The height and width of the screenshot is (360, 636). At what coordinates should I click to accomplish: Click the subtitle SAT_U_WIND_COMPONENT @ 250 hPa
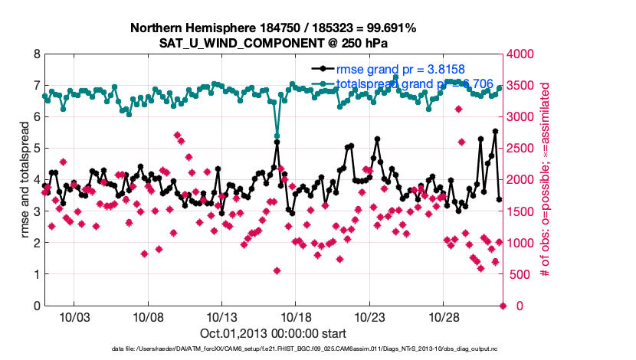pos(274,43)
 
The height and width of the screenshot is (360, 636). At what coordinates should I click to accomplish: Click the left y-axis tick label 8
pos(38,54)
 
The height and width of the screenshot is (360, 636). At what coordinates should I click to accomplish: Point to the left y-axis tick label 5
pos(38,149)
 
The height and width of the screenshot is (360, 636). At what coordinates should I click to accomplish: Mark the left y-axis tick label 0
pos(38,306)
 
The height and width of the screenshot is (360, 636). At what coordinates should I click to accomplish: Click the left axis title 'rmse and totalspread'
pos(25,180)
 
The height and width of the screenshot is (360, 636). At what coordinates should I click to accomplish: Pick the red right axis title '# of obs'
pos(545,180)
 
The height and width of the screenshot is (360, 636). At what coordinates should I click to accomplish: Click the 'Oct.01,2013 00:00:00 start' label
pos(273,333)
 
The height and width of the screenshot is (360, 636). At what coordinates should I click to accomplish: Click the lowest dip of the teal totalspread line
pos(277,136)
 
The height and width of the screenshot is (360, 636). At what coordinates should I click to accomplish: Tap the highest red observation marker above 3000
pos(458,109)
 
